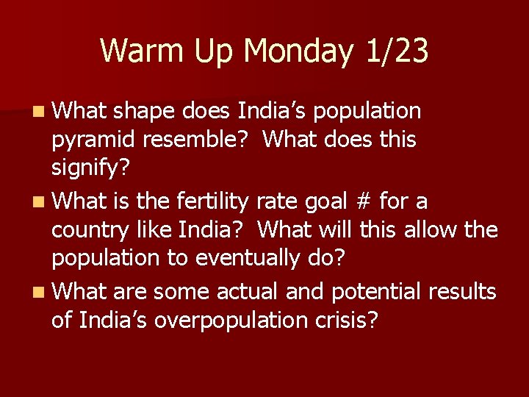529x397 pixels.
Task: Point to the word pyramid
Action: (93, 140)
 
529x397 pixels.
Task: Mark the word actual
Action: (247, 291)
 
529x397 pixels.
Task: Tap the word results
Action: (463, 291)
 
